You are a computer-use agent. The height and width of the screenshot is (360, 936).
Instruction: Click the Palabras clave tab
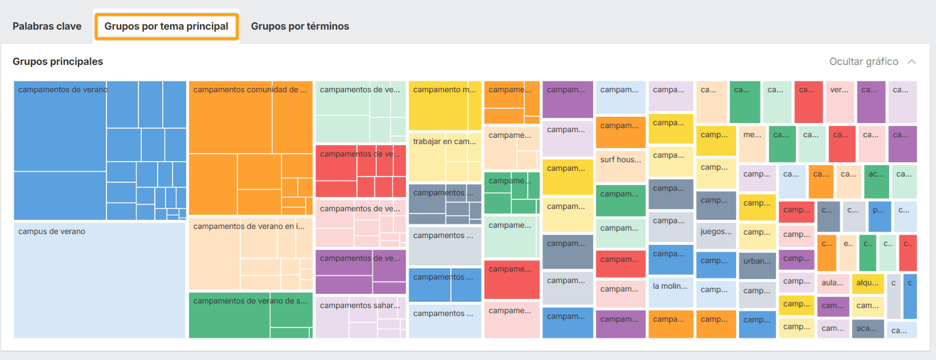(x=47, y=26)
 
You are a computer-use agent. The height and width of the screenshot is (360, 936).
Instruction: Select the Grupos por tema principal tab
(x=166, y=26)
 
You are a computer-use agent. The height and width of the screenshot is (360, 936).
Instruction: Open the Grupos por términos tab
(x=300, y=26)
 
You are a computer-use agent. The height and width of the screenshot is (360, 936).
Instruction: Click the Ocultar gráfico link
(x=864, y=62)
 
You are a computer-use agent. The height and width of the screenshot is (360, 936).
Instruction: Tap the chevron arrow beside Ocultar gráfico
(x=912, y=62)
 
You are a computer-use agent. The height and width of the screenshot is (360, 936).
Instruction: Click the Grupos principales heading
(x=58, y=62)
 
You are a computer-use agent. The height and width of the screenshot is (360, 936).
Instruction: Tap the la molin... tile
(x=671, y=292)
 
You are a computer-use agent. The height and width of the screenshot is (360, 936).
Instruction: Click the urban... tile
(x=757, y=265)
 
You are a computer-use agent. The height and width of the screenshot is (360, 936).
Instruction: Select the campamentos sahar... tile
(x=360, y=317)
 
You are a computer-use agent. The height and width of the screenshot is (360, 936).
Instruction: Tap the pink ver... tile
(x=839, y=101)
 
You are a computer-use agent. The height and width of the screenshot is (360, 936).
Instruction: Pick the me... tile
(x=752, y=144)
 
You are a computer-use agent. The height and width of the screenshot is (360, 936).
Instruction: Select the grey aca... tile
(x=867, y=329)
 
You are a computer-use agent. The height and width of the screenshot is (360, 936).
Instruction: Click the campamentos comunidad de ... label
(x=250, y=89)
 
